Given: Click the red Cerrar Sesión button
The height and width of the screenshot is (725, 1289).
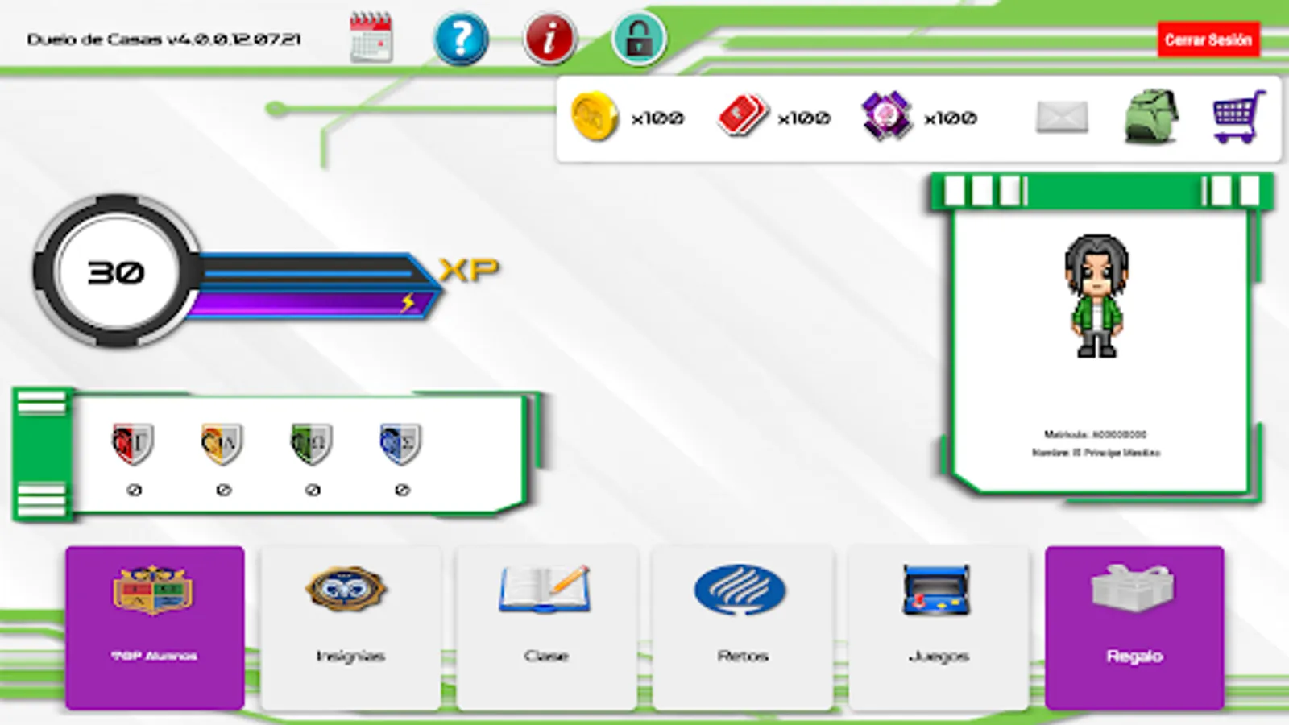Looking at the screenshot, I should coord(1208,39).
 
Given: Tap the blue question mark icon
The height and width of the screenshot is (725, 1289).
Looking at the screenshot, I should coord(461,38).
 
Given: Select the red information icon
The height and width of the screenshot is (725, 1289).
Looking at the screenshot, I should coord(550,38).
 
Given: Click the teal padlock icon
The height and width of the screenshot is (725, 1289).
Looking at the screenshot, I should coord(639,38).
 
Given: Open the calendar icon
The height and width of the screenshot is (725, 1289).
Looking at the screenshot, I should coord(371,38).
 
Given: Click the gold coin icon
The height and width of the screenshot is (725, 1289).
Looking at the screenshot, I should coord(595,118).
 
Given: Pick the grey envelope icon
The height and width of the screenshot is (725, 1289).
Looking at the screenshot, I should coord(1062,118).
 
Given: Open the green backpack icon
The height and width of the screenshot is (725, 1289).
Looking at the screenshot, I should coord(1150,117).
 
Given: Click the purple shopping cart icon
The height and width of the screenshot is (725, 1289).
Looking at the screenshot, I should coord(1239,117).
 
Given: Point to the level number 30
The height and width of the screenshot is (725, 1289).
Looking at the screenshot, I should coord(116,272).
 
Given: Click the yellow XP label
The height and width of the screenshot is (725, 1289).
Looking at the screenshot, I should coord(470,270).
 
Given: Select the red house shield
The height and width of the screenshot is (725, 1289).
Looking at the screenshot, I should coord(133,444).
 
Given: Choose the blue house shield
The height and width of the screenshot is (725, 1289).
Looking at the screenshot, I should coord(400,444).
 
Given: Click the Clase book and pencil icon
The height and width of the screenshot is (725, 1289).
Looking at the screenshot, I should coord(545,590).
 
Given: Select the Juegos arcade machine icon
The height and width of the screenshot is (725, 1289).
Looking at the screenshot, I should coord(937,590).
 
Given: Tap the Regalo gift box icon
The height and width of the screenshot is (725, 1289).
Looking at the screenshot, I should coord(1134,588).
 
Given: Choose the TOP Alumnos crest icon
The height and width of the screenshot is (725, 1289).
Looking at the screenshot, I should coord(154,590).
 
